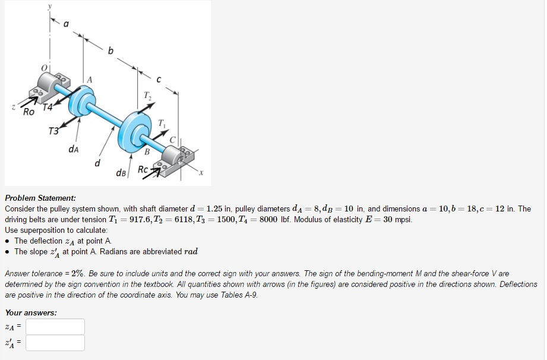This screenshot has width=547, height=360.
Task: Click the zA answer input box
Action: click(55, 327)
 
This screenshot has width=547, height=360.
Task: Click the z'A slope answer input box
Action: click(55, 343)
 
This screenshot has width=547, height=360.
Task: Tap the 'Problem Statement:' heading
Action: click(40, 198)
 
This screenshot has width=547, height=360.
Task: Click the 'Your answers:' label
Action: click(31, 312)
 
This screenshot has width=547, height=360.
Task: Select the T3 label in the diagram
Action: click(54, 131)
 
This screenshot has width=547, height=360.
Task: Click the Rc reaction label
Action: click(143, 169)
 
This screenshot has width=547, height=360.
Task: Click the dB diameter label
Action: click(121, 173)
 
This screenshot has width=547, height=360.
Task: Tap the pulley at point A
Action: click(81, 100)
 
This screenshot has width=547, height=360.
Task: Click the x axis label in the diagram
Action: click(201, 173)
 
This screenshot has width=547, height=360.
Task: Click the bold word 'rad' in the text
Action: click(191, 252)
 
